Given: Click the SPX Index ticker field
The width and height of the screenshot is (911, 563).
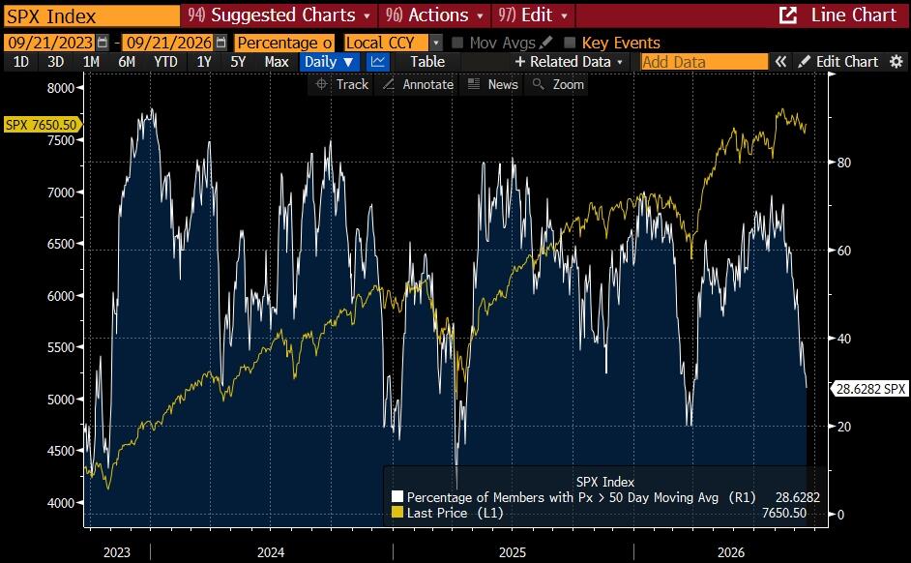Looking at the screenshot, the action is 92,15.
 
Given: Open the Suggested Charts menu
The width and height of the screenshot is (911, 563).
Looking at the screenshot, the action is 279,15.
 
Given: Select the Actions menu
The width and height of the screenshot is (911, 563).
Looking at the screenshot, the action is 433,15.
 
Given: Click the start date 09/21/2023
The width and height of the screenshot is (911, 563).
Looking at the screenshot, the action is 51,43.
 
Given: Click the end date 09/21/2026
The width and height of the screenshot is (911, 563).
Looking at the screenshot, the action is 169,43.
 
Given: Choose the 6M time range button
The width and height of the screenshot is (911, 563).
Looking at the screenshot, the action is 126,62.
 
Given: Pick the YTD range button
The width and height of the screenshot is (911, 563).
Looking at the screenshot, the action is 165,62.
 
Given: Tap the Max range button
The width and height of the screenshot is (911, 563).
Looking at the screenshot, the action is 277,62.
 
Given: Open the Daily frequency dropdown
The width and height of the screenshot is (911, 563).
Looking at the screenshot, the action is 330,62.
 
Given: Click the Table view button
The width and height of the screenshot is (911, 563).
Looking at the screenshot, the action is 427,62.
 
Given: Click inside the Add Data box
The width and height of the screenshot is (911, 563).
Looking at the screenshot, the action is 704,62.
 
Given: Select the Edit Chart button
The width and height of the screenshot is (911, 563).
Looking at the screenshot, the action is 839,62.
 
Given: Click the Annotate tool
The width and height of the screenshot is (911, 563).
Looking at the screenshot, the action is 419,85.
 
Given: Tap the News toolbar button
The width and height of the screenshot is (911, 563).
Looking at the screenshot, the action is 493,85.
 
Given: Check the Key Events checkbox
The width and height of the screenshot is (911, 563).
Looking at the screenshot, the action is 570,43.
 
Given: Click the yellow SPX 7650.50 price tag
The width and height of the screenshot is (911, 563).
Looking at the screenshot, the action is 42,125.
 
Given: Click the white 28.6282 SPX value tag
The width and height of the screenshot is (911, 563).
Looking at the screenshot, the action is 869,389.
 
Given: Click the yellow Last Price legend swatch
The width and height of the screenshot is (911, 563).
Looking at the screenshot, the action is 397,513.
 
